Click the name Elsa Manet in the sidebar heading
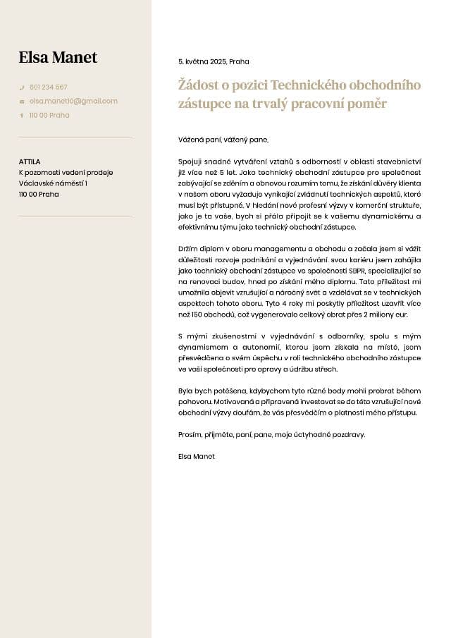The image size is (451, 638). click(58, 57)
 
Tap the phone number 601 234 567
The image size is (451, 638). click(49, 87)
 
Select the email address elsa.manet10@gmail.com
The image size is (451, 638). click(73, 101)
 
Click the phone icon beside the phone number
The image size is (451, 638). click(22, 87)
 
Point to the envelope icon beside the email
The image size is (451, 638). click(22, 102)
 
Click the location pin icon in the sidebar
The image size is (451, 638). click(22, 115)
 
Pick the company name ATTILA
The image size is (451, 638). click(30, 161)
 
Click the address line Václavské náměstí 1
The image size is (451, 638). click(53, 183)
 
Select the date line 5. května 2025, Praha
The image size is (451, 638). click(214, 61)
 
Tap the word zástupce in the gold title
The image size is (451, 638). click(206, 104)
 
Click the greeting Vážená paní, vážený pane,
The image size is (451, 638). click(223, 140)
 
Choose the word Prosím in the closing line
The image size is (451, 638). click(190, 434)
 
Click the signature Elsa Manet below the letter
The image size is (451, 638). click(197, 456)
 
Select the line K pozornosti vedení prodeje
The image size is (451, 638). click(66, 173)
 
